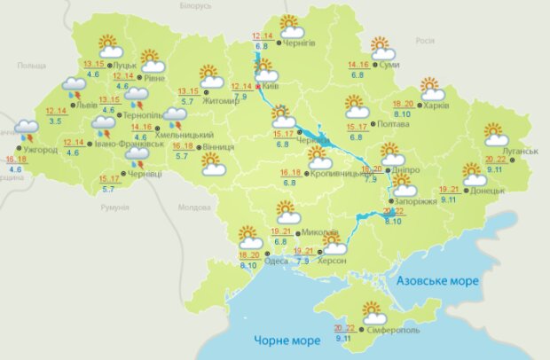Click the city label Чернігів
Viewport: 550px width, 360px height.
[x=301, y=42]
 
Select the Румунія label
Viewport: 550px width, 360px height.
[x=115, y=207]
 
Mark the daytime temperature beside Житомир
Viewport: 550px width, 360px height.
[x=188, y=91]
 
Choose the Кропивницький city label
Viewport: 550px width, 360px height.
[x=339, y=174]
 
